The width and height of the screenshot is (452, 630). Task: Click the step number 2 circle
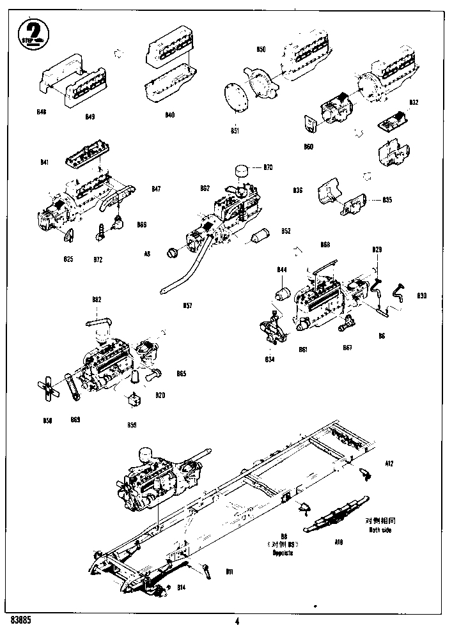[x=31, y=31]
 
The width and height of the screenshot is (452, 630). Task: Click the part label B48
[x=42, y=112]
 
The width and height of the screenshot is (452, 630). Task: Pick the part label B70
[x=268, y=167]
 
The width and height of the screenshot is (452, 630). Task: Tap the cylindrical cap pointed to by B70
[x=242, y=171]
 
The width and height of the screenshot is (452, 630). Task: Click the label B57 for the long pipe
[x=187, y=305]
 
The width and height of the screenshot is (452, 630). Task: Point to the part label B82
[x=97, y=299]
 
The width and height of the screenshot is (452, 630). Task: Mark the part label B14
[x=181, y=587]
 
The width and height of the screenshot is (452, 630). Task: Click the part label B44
[x=281, y=270]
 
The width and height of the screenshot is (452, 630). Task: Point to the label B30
[x=421, y=296]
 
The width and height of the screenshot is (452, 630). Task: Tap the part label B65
[x=181, y=373]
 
